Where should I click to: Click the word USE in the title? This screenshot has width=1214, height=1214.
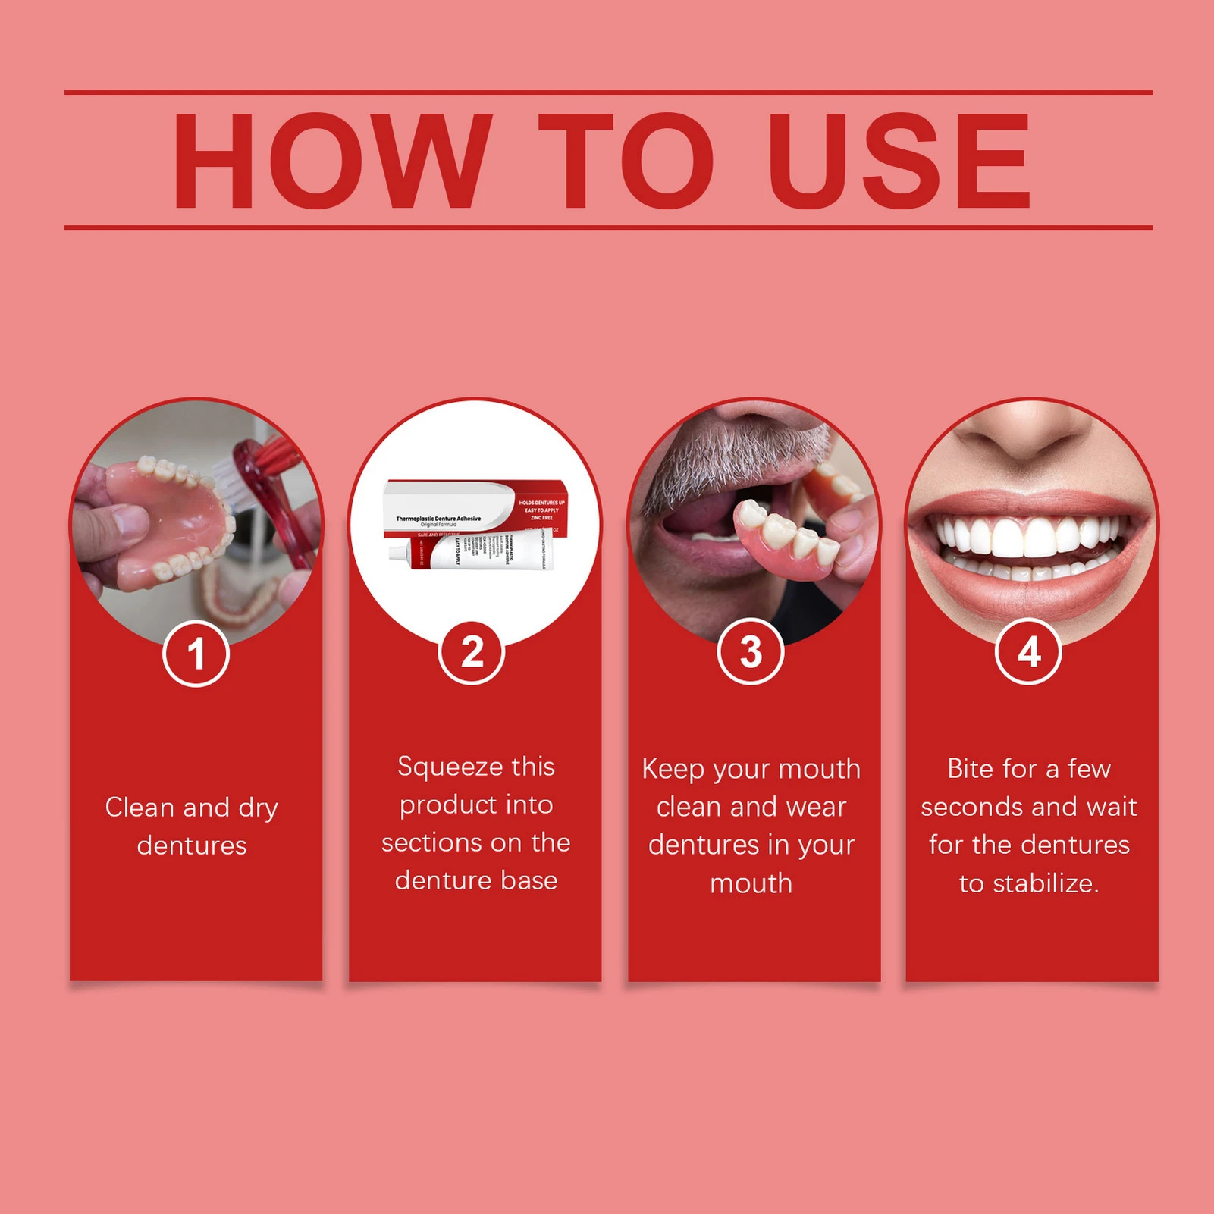pyautogui.click(x=899, y=161)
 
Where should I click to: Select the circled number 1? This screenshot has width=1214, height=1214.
pyautogui.click(x=196, y=654)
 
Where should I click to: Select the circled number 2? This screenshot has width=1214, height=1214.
pyautogui.click(x=472, y=652)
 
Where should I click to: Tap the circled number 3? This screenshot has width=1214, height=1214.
pyautogui.click(x=751, y=652)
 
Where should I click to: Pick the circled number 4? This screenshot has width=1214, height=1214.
pyautogui.click(x=1028, y=652)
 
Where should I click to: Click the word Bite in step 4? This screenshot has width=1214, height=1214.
pyautogui.click(x=970, y=769)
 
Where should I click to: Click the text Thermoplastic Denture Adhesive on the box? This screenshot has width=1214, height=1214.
pyautogui.click(x=438, y=519)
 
